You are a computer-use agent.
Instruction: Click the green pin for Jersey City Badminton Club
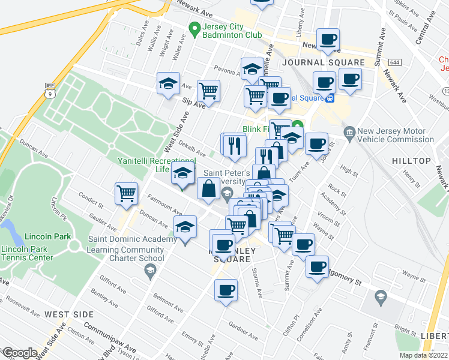coord(194,28)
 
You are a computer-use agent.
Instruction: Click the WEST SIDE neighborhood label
coord(69,314)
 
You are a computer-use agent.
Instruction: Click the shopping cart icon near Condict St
coord(127,194)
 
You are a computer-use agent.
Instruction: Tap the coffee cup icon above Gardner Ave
coord(226,290)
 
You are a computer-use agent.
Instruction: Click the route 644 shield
coord(394,62)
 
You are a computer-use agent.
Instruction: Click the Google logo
coord(19,353)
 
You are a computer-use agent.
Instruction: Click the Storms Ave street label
coord(257,282)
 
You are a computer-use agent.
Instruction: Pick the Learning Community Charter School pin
coord(149,271)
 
